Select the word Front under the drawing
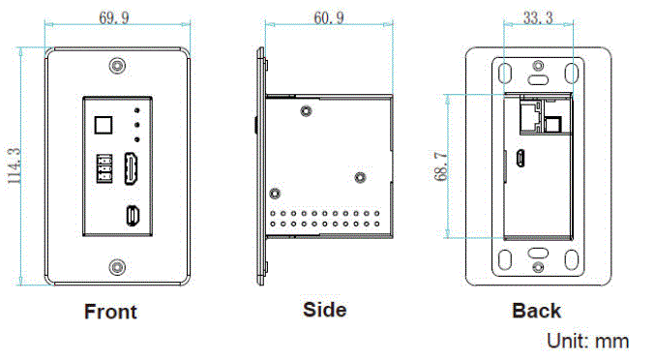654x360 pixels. click(x=110, y=312)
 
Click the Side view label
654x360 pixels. click(x=324, y=310)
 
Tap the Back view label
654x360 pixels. click(x=536, y=311)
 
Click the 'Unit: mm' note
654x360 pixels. click(x=587, y=341)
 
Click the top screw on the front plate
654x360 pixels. click(x=117, y=67)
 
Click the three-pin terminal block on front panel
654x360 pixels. click(x=104, y=170)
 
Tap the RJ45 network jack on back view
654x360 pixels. click(x=530, y=119)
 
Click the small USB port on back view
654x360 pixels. click(x=520, y=160)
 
